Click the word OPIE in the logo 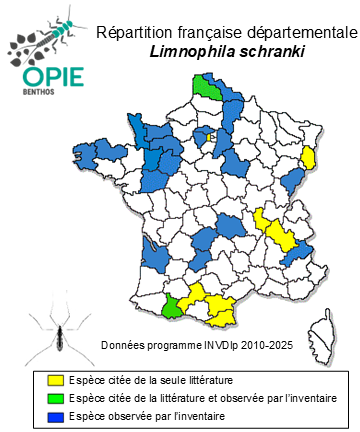coord(46,77)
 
